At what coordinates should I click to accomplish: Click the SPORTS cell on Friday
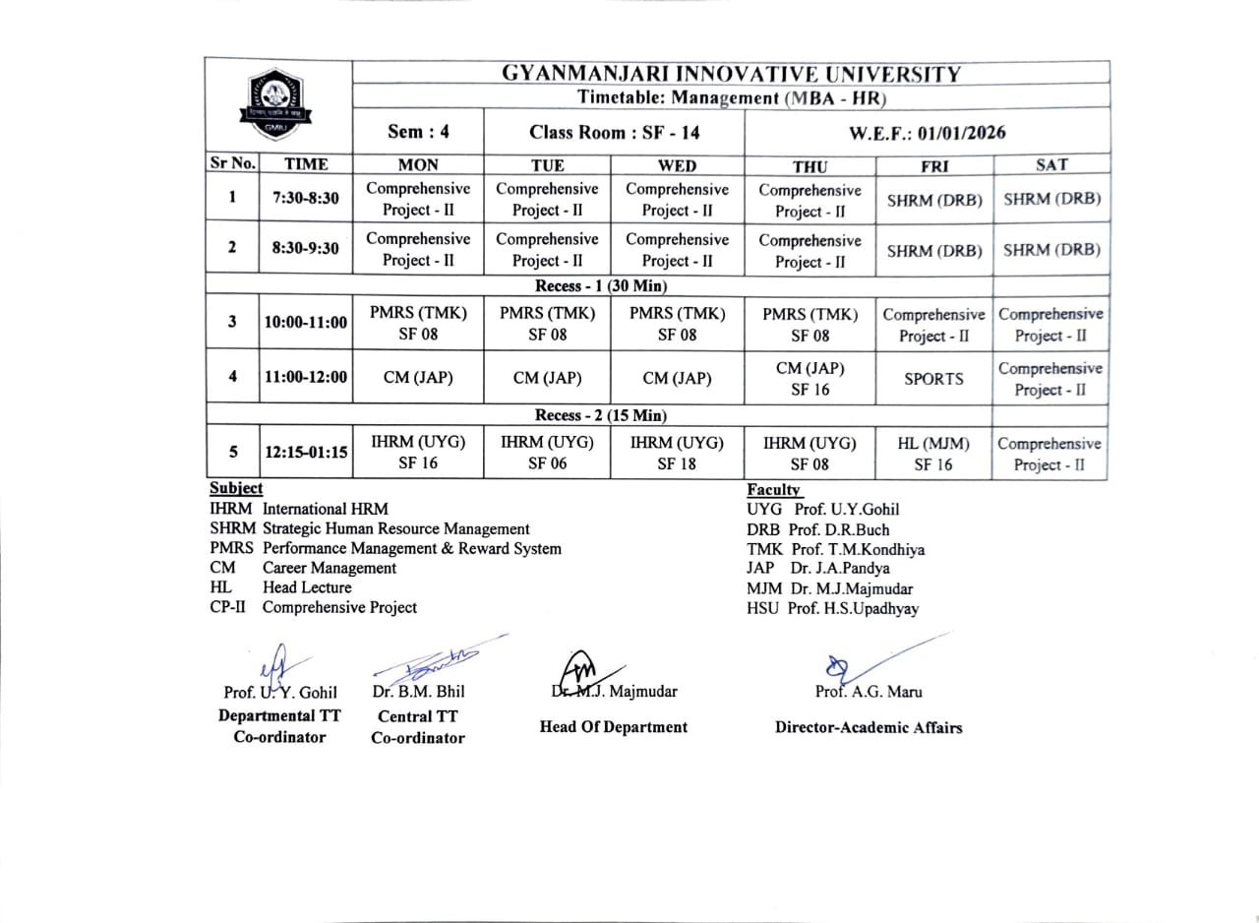coord(933,378)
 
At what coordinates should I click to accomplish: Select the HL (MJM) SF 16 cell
coord(933,454)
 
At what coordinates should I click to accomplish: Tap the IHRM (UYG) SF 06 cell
coord(547,454)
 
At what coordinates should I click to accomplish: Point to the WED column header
coord(677,165)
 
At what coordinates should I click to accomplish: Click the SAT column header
coord(1051,165)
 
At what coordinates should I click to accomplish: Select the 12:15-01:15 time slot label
coord(305,453)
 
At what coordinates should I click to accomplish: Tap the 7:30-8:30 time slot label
coord(305,198)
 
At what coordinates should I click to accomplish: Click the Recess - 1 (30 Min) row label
coord(600,286)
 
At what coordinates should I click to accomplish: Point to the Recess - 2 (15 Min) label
coord(600,415)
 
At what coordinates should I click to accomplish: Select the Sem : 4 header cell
coord(417,132)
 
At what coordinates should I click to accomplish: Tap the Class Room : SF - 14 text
coord(615,132)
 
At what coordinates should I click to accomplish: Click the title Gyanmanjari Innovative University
coord(730,74)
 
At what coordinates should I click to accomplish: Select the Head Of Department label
coord(614,727)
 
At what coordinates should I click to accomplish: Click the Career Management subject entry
coord(329,568)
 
